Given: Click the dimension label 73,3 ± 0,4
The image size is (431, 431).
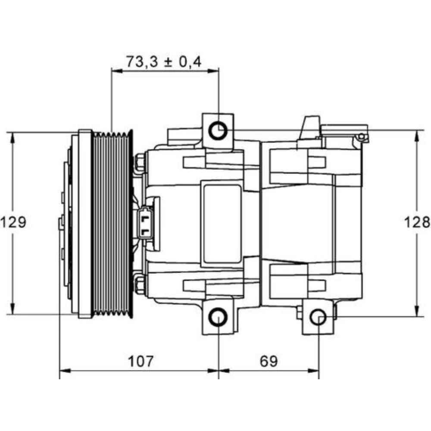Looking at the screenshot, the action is pos(164,62).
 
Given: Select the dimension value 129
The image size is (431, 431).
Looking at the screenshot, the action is pos(13,222).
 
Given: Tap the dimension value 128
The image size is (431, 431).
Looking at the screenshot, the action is pos(417,222).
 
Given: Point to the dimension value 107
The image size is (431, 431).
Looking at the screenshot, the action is pos(140,361).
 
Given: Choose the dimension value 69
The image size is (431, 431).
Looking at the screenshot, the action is pos(269,361).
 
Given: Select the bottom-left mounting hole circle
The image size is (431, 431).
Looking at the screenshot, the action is pos(218,317).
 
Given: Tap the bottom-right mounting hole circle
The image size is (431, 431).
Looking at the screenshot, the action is pos(319,317).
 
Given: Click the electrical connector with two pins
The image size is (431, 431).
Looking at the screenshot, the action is pos(145,223).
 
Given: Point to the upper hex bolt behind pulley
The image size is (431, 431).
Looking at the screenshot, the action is pos(140,163).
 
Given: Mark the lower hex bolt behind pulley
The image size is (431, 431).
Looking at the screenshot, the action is pos(140,284).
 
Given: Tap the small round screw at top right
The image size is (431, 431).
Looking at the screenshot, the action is pos(362,137).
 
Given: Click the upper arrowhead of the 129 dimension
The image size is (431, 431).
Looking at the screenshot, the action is pos(12,139).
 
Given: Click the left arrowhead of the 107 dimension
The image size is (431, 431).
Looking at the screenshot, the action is pos(66,371).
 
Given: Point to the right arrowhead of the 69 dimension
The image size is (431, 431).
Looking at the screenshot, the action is pos(313,371).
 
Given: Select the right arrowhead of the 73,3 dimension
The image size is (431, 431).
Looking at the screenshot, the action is pos(213,71).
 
